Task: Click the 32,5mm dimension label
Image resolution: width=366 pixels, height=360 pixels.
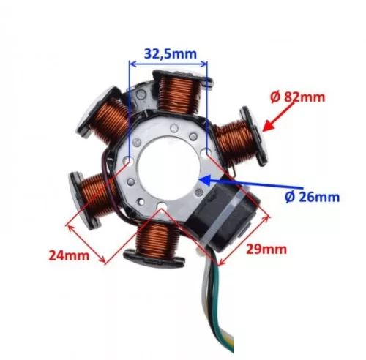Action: (x=171, y=54)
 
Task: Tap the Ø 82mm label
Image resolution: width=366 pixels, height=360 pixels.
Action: (x=298, y=97)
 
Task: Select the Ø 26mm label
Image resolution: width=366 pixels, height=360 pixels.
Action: (x=312, y=198)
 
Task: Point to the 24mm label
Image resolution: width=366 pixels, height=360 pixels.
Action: (x=69, y=256)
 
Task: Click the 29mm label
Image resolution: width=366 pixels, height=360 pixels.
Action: (x=266, y=250)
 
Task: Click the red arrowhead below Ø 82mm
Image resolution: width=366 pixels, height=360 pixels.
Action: (x=268, y=126)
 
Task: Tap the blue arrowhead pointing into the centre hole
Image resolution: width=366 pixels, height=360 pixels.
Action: (x=204, y=179)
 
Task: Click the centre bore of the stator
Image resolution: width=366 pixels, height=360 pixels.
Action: (x=169, y=168)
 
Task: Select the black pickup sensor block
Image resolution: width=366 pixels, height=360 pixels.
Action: (x=221, y=217)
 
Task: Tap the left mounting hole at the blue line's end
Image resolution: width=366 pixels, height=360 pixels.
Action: (x=130, y=160)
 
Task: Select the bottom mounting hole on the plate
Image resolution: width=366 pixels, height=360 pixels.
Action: (x=162, y=205)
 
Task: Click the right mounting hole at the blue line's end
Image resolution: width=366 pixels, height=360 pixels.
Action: (x=206, y=152)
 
